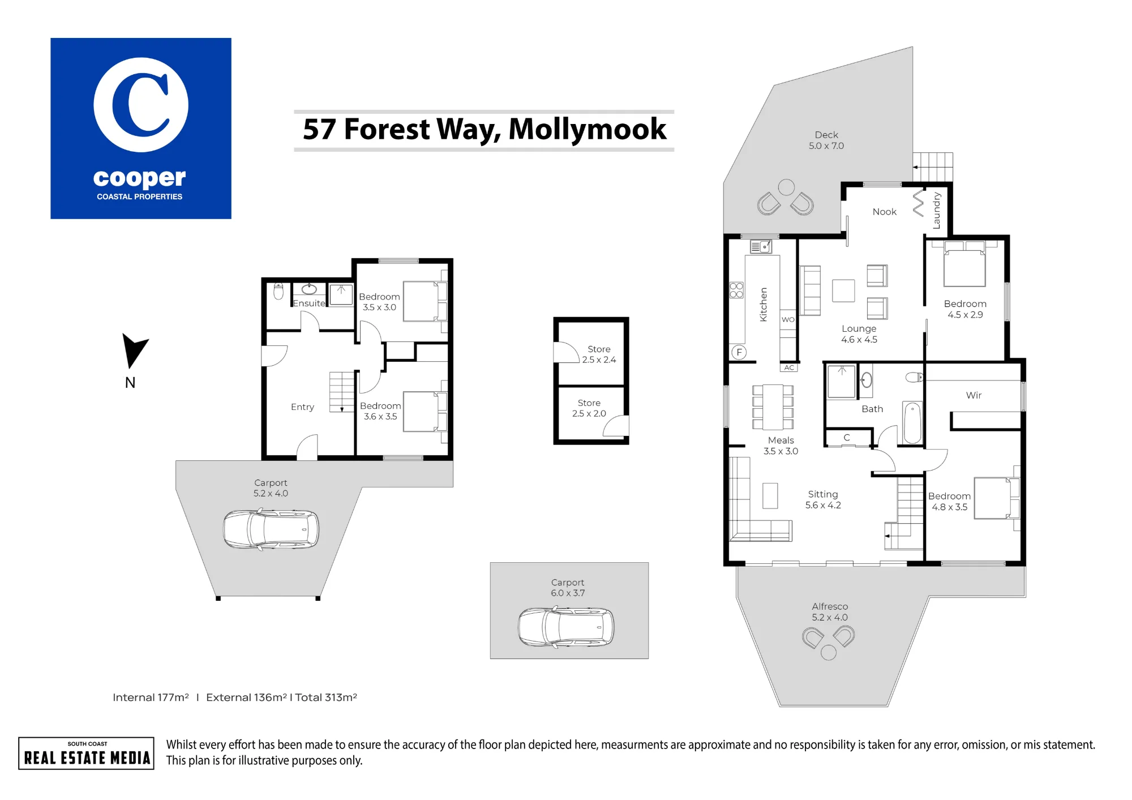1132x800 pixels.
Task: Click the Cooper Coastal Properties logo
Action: (141, 129)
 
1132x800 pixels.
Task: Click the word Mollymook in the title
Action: (588, 129)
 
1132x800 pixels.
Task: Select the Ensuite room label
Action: (309, 303)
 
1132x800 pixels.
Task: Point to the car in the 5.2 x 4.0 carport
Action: (271, 530)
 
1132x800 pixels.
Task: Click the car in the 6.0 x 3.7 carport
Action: (566, 627)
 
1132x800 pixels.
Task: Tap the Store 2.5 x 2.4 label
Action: (599, 354)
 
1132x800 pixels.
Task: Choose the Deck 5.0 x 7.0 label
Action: (826, 140)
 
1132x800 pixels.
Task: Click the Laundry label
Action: (937, 211)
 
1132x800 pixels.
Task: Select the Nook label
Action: (885, 212)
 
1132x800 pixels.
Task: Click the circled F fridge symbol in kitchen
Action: (739, 352)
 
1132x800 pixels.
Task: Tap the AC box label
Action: (789, 368)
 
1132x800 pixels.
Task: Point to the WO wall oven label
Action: (788, 319)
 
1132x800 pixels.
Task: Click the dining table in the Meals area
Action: (773, 407)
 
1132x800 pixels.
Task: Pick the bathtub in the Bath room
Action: (912, 423)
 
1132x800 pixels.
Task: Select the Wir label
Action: (974, 395)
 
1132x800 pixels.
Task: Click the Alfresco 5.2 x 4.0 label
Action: (830, 612)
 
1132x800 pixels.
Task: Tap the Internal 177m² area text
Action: (151, 698)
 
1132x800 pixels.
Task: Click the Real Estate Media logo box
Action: (86, 753)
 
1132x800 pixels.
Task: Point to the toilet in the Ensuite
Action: (278, 291)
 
